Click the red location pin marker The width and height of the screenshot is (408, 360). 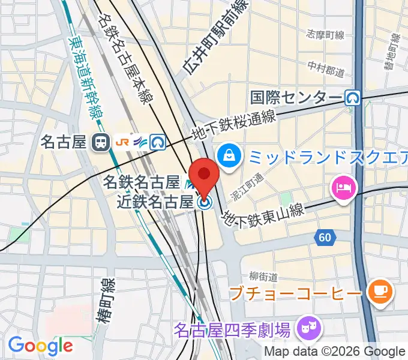(x=205, y=175)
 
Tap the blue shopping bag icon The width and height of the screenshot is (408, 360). (x=229, y=156)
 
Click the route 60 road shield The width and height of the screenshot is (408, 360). (x=325, y=238)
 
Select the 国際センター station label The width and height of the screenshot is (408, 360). (x=296, y=97)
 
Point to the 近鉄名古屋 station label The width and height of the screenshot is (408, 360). (x=155, y=202)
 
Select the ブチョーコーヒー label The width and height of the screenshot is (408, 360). (x=295, y=293)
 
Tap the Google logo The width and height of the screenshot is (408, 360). (x=40, y=344)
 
